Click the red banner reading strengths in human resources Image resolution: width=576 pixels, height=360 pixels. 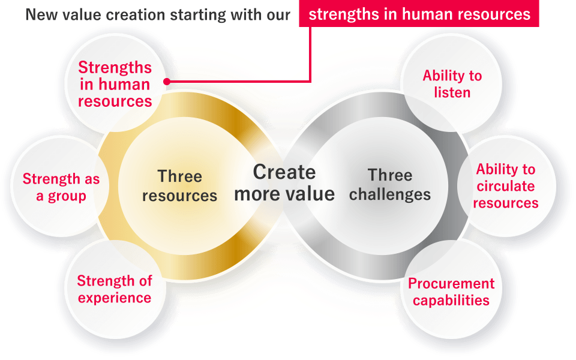[x=419, y=14]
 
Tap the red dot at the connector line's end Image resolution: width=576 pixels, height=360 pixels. [x=167, y=82]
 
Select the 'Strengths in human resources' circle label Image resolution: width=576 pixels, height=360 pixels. [x=115, y=84]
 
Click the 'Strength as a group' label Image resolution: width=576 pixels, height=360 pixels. [x=61, y=187]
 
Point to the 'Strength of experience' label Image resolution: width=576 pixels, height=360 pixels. [x=115, y=289]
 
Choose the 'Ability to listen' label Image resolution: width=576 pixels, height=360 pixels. [x=452, y=84]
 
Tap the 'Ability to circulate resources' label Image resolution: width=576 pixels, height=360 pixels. [x=506, y=186]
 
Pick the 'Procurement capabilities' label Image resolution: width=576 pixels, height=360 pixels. [x=451, y=292]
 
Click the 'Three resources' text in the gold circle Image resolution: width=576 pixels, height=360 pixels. [x=179, y=186]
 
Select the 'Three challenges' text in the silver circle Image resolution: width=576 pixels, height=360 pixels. [x=390, y=185]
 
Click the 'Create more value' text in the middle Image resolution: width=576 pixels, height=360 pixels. [x=284, y=183]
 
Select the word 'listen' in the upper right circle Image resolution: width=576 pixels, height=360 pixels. [x=452, y=92]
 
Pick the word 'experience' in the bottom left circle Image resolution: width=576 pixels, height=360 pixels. [x=115, y=298]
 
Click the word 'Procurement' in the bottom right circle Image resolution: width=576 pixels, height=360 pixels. [x=451, y=284]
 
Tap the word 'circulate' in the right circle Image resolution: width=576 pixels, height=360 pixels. [x=506, y=186]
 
